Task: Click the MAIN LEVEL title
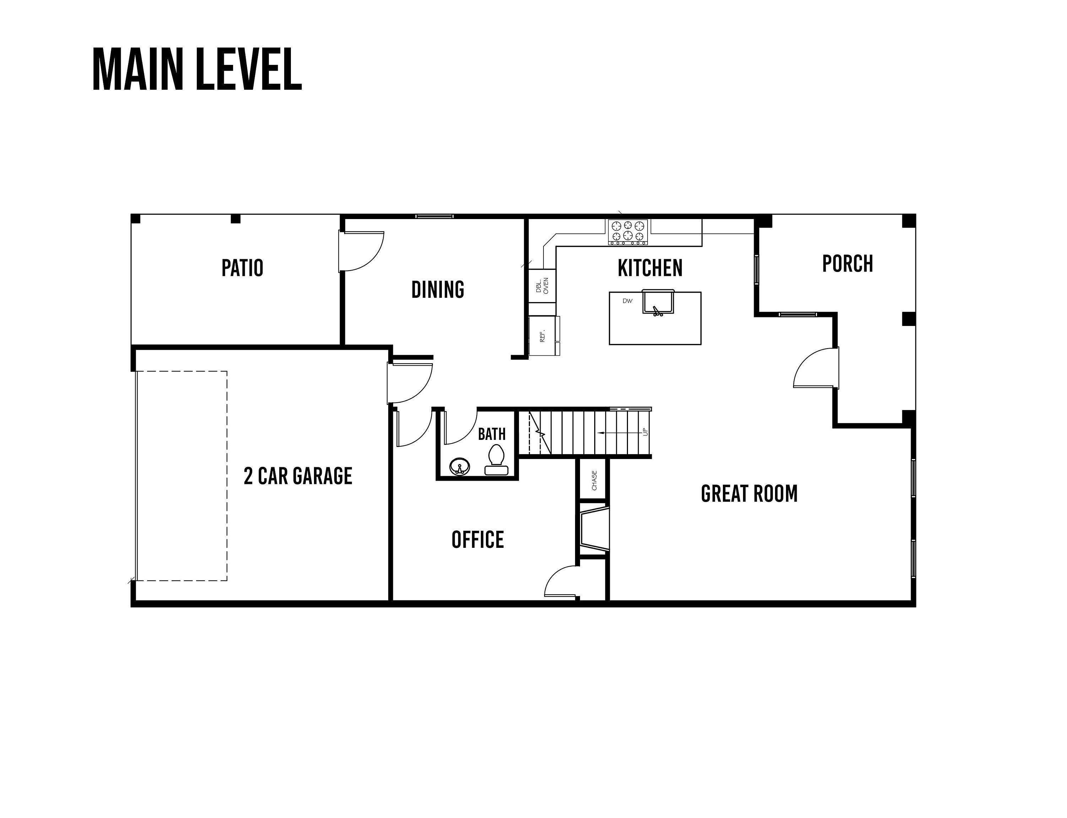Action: [197, 69]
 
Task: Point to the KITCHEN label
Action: [650, 268]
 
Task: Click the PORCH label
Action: [847, 263]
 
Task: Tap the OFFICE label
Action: [477, 540]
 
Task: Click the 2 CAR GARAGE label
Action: [298, 476]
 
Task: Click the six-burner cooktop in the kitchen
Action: [628, 232]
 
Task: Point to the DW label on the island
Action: [627, 301]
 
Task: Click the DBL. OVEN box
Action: [542, 285]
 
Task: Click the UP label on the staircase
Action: [646, 432]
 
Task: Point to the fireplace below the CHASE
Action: [594, 529]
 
